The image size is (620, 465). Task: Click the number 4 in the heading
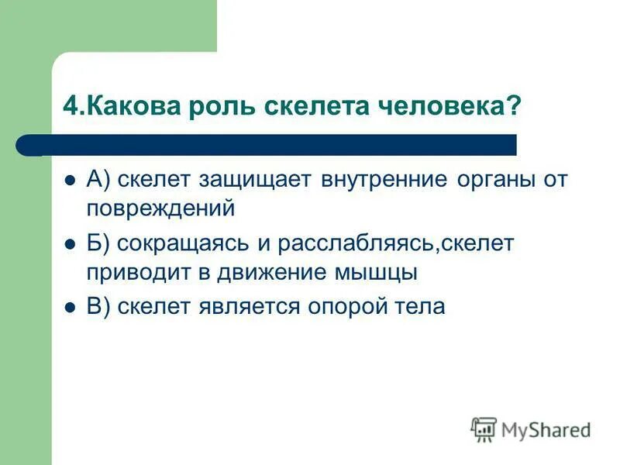tap(70, 107)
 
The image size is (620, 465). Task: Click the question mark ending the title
tap(512, 107)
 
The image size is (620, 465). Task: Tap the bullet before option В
tap(69, 307)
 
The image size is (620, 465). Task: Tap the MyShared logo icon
tap(484, 429)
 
